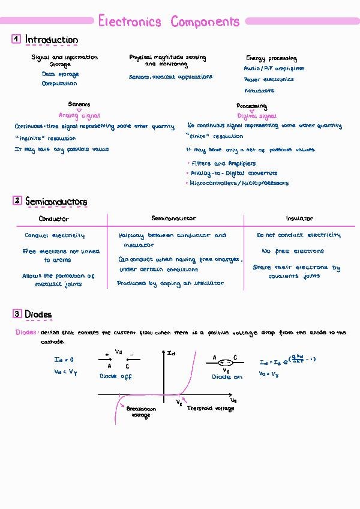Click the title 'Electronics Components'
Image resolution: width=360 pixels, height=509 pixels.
tap(169, 22)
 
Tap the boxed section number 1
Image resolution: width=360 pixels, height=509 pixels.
tap(16, 40)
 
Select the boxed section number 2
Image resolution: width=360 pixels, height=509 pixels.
tap(17, 201)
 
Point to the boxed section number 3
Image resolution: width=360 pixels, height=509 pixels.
tap(17, 314)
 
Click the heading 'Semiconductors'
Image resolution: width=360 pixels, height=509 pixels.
tap(56, 202)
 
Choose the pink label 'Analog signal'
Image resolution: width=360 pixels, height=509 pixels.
tap(79, 116)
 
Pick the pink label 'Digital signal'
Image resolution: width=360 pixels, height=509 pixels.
tap(257, 116)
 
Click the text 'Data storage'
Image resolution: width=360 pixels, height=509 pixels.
tap(60, 74)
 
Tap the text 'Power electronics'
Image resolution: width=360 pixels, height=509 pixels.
tap(269, 79)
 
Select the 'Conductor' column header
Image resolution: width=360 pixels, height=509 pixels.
tap(54, 219)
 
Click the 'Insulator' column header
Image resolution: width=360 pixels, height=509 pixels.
tap(299, 219)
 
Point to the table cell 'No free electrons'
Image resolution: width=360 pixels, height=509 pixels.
tap(293, 251)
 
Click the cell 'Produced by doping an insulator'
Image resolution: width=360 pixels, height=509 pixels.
tap(170, 283)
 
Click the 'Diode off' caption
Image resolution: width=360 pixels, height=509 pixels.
tap(115, 376)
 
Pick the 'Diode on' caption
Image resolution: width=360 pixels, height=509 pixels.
tap(227, 376)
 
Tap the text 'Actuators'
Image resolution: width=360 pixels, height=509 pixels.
tap(259, 91)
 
